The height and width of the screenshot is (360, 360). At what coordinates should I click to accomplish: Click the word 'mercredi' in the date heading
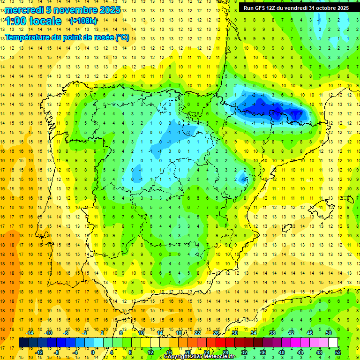(x=24, y=10)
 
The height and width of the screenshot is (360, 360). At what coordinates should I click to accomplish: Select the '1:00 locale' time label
(x=33, y=21)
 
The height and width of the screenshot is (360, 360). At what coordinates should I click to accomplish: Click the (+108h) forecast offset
(x=83, y=21)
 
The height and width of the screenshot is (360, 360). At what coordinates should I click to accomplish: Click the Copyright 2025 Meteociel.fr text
(x=199, y=357)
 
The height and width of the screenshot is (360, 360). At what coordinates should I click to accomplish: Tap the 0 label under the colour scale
(x=93, y=352)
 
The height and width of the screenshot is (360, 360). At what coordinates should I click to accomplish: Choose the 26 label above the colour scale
(x=216, y=333)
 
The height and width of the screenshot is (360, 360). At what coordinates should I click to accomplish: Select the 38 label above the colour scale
(x=272, y=333)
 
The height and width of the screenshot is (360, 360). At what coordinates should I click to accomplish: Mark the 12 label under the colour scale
(x=150, y=352)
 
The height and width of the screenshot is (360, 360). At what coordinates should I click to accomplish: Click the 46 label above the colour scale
(x=310, y=333)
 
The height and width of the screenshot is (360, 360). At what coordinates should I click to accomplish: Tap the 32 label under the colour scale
(x=244, y=352)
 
